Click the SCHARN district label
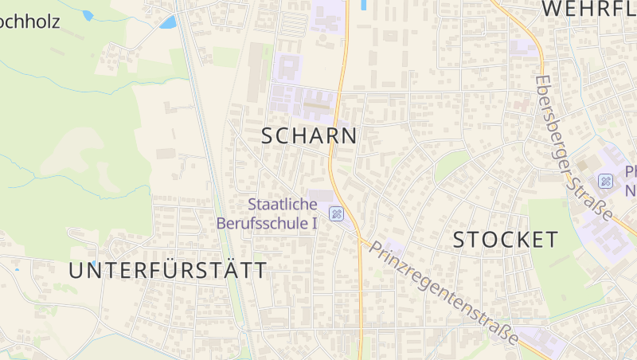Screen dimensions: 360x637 coord(309,136)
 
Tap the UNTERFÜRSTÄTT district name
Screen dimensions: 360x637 coord(168,271)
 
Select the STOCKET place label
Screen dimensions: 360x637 coord(506,240)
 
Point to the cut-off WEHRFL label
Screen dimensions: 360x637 coord(588,9)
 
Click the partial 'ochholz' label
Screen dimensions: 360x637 coord(29,21)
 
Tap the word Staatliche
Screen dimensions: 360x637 coord(272,204)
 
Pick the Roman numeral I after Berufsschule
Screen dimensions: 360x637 coord(315,223)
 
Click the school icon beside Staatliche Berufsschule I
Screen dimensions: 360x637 coord(337,214)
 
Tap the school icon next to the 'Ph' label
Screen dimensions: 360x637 coord(606,181)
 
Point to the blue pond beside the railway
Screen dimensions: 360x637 coord(167,22)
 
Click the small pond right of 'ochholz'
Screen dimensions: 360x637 coord(88,15)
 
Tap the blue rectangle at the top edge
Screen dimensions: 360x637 coord(364,5)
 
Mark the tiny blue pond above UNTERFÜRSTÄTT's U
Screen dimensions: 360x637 coord(93,264)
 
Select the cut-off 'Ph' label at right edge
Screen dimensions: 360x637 coord(630,171)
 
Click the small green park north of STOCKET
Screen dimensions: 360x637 coord(451,165)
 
